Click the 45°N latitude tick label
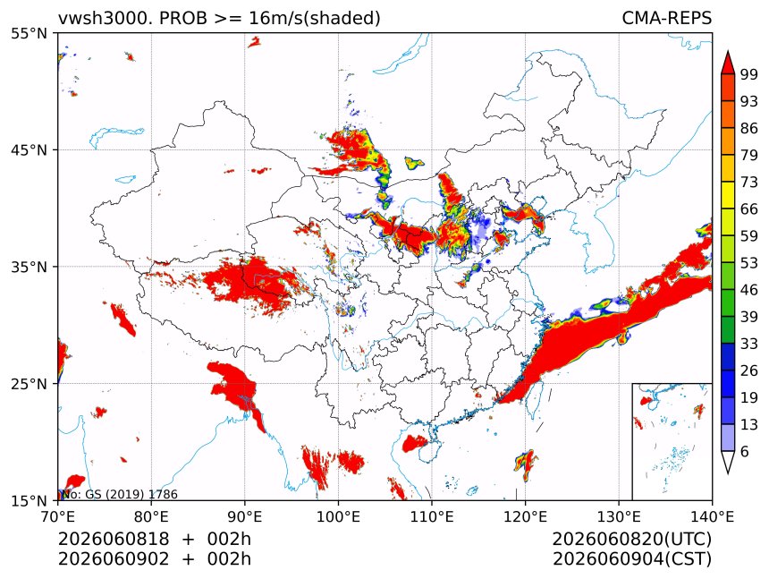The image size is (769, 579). pos(29,149)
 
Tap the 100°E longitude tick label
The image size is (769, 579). pos(338,516)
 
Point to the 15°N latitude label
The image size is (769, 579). pos(29,501)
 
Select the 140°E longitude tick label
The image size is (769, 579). pos(712,516)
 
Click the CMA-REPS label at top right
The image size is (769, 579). pos(666,18)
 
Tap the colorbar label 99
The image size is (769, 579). pos(749,74)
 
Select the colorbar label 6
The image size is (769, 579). pos(745,451)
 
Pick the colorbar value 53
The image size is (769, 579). pos(749,263)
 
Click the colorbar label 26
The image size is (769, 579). pos(749,370)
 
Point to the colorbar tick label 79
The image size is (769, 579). pos(749,155)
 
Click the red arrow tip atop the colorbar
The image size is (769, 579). pos(727,51)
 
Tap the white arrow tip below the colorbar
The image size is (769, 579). pos(727,473)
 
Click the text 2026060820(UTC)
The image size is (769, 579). pos(631,540)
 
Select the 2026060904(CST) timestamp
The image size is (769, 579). pos(631,559)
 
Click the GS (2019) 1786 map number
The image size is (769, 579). pos(131,494)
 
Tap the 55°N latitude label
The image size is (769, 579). pos(29,33)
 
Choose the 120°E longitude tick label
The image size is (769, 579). pos(525,516)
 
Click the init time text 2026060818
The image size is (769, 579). pos(114,540)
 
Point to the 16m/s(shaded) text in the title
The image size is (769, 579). pos(315,18)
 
